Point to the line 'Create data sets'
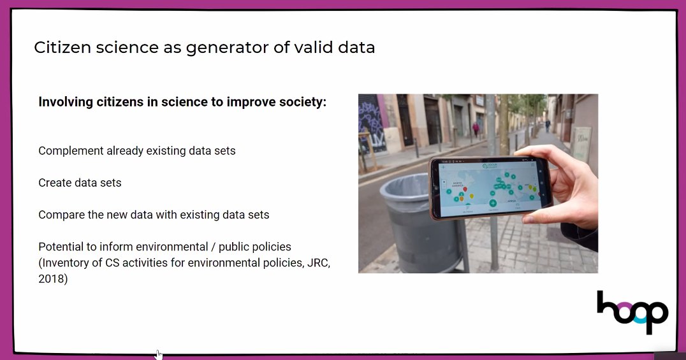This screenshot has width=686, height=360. point(80,183)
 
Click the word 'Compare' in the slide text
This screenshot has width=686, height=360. point(60,215)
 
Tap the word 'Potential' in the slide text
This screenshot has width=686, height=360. point(61,247)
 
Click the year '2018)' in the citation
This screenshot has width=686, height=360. point(53,278)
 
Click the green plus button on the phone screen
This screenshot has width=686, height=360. point(493,203)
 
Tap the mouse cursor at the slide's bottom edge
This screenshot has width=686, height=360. point(158,354)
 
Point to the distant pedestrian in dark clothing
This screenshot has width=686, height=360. point(547,125)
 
